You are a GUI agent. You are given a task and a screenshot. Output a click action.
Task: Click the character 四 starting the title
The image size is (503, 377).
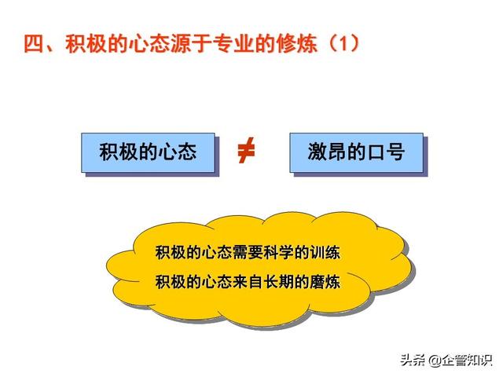pyautogui.click(x=33, y=43)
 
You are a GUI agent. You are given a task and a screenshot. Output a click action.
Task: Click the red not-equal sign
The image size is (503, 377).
pyautogui.click(x=246, y=150)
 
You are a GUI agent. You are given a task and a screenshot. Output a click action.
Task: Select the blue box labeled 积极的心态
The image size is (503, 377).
pyautogui.click(x=148, y=152)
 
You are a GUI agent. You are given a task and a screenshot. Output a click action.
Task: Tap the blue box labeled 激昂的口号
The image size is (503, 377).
pyautogui.click(x=356, y=152)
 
